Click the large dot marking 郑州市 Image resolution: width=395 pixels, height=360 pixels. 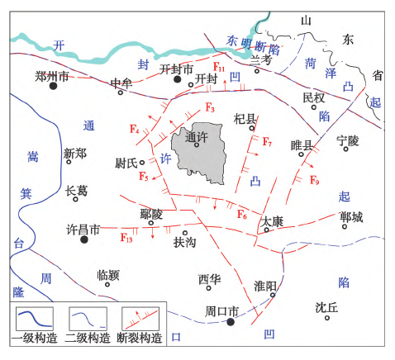pos(54,86)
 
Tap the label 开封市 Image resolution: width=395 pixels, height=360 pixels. pos(175,69)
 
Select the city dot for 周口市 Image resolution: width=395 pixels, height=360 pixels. pos(231,322)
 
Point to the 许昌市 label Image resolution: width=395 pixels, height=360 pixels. pos(82,228)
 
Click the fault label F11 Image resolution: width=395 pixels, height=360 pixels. pos(220,65)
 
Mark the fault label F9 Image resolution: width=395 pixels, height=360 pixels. pos(314,180)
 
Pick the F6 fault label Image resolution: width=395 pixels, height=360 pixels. pos(242,215)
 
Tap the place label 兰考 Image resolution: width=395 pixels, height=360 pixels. pos(260,59)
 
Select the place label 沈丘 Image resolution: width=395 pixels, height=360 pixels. pos(326,306)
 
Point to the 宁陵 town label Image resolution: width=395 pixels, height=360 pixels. pos(349,141)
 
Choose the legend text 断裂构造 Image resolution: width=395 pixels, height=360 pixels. pos(140,338)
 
